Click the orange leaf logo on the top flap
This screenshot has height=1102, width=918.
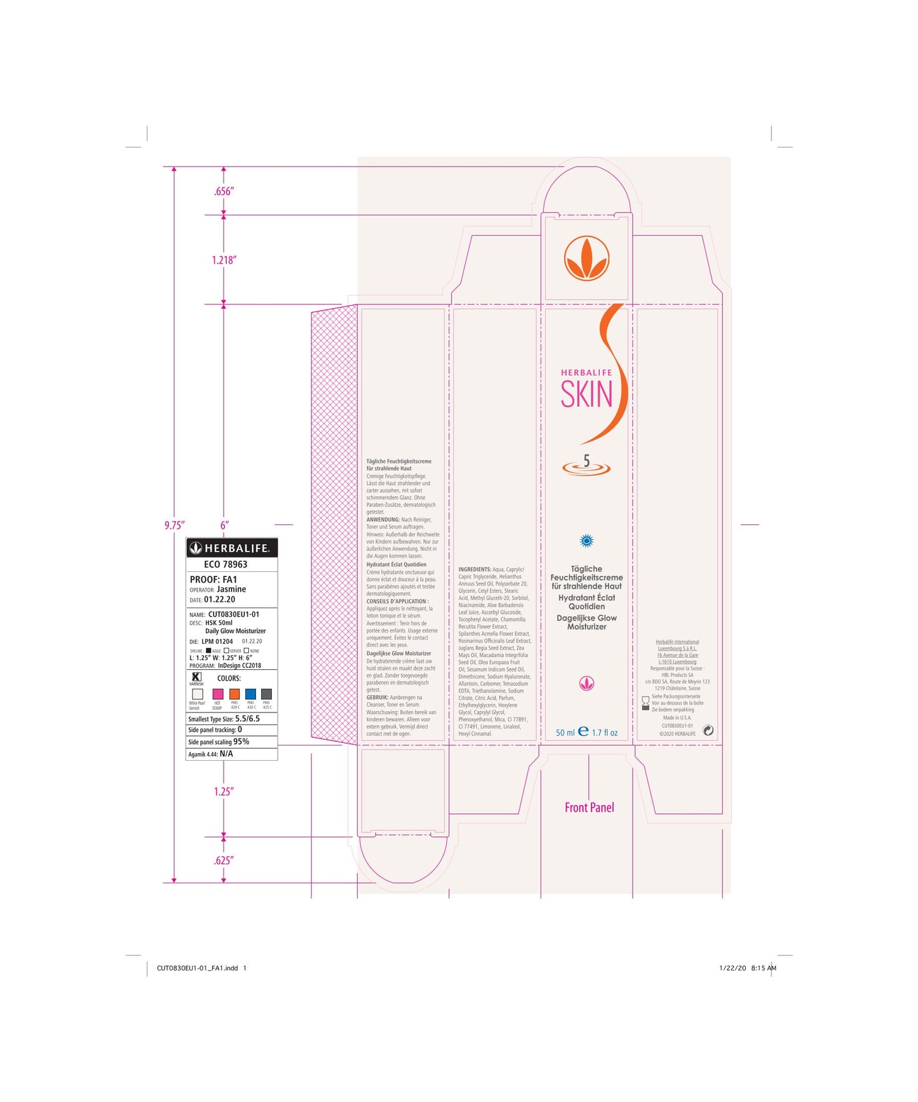click(586, 258)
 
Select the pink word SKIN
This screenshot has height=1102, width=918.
click(586, 395)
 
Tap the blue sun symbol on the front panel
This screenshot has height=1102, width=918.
click(586, 541)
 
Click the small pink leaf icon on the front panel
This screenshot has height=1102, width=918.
click(586, 683)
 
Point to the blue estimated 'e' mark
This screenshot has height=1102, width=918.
click(583, 731)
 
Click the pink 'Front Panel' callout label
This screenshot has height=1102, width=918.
click(589, 808)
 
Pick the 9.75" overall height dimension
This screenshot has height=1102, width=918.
click(174, 525)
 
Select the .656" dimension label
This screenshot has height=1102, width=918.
click(224, 191)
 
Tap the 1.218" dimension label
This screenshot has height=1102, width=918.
click(224, 260)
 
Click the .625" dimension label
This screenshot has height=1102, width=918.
click(224, 861)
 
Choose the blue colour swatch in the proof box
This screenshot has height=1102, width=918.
click(251, 694)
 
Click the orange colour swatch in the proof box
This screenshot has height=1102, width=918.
click(234, 694)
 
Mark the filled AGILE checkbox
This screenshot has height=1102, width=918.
click(208, 650)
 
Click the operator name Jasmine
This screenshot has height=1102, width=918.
click(231, 589)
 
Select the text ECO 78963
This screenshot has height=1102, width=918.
click(226, 564)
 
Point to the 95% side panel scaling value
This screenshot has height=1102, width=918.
click(241, 742)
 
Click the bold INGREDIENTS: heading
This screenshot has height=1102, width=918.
click(475, 569)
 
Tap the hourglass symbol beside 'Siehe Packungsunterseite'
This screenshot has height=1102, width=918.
click(645, 703)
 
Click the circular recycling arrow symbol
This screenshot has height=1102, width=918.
click(708, 731)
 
